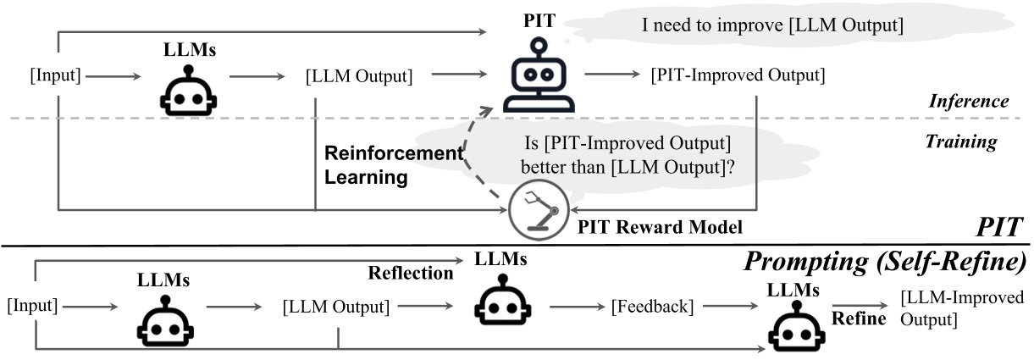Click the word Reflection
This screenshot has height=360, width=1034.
411,272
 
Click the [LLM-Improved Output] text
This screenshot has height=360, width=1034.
962,308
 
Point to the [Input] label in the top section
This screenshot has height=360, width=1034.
55,75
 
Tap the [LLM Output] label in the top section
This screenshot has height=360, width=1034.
358,75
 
